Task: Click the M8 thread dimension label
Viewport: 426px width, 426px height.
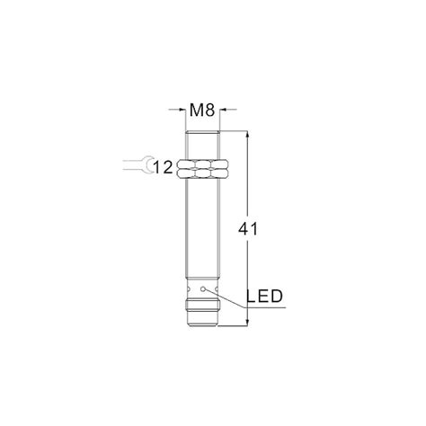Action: [x=202, y=110]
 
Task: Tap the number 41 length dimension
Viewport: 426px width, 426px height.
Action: [x=248, y=229]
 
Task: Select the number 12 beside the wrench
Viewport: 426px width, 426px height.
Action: [x=163, y=167]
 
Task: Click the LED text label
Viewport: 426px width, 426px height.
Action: [x=264, y=297]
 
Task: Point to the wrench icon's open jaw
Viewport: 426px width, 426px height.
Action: [x=147, y=165]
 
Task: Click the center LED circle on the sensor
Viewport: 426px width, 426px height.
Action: [x=203, y=289]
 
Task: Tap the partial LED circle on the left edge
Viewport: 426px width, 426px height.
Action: [x=189, y=289]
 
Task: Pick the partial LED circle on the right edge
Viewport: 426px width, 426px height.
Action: [x=217, y=289]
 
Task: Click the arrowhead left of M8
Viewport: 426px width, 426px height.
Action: [x=182, y=110]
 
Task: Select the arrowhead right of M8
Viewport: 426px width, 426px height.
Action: [x=223, y=110]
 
